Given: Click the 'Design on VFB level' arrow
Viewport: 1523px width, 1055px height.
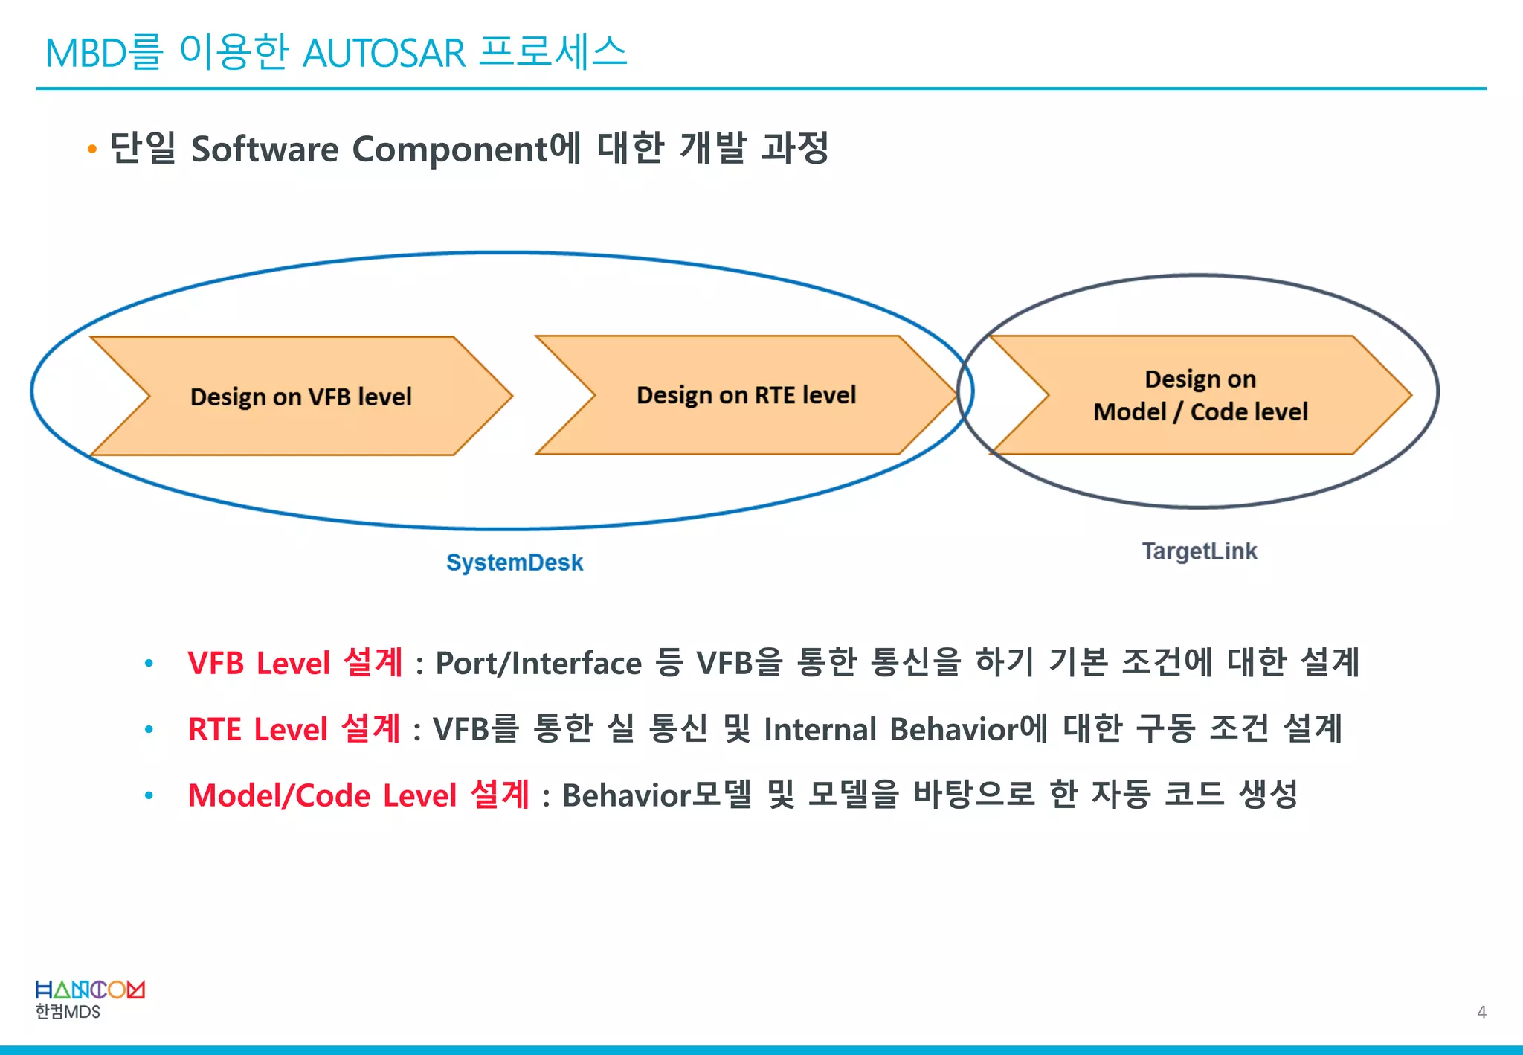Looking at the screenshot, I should tap(301, 396).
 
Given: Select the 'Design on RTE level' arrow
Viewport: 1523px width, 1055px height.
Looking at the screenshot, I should tap(746, 394).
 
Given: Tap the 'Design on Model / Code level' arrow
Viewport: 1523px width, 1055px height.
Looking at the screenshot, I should tap(1200, 395).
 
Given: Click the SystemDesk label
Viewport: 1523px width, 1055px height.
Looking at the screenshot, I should tap(515, 562).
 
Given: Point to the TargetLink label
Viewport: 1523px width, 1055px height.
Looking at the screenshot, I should tap(1199, 551).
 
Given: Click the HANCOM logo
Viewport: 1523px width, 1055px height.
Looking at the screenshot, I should tap(90, 990).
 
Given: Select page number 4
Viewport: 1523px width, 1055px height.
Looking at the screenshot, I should tap(1481, 1012).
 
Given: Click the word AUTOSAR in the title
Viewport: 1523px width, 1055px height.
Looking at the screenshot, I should tap(384, 54).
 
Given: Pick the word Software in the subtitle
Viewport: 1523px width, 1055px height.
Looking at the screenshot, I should tap(265, 149).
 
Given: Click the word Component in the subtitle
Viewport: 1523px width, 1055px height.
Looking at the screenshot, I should tap(450, 149).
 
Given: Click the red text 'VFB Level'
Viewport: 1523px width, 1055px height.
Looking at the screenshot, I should tap(259, 663).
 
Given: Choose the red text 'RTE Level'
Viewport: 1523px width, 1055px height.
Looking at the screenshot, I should tap(257, 729).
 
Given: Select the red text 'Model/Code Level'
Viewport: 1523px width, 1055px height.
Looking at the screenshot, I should tap(322, 795).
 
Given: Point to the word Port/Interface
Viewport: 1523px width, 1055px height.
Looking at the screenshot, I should tap(538, 663).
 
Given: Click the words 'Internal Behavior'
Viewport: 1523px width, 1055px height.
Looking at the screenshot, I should tap(891, 729).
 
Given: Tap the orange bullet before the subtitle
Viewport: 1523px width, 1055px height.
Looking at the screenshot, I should tap(92, 150).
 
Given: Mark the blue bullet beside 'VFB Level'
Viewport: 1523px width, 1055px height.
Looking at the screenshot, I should tap(149, 663).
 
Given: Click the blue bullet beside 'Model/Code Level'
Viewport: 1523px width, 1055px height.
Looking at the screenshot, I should tap(149, 795).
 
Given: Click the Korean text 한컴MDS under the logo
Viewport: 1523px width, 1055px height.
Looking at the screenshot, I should tap(68, 1012).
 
